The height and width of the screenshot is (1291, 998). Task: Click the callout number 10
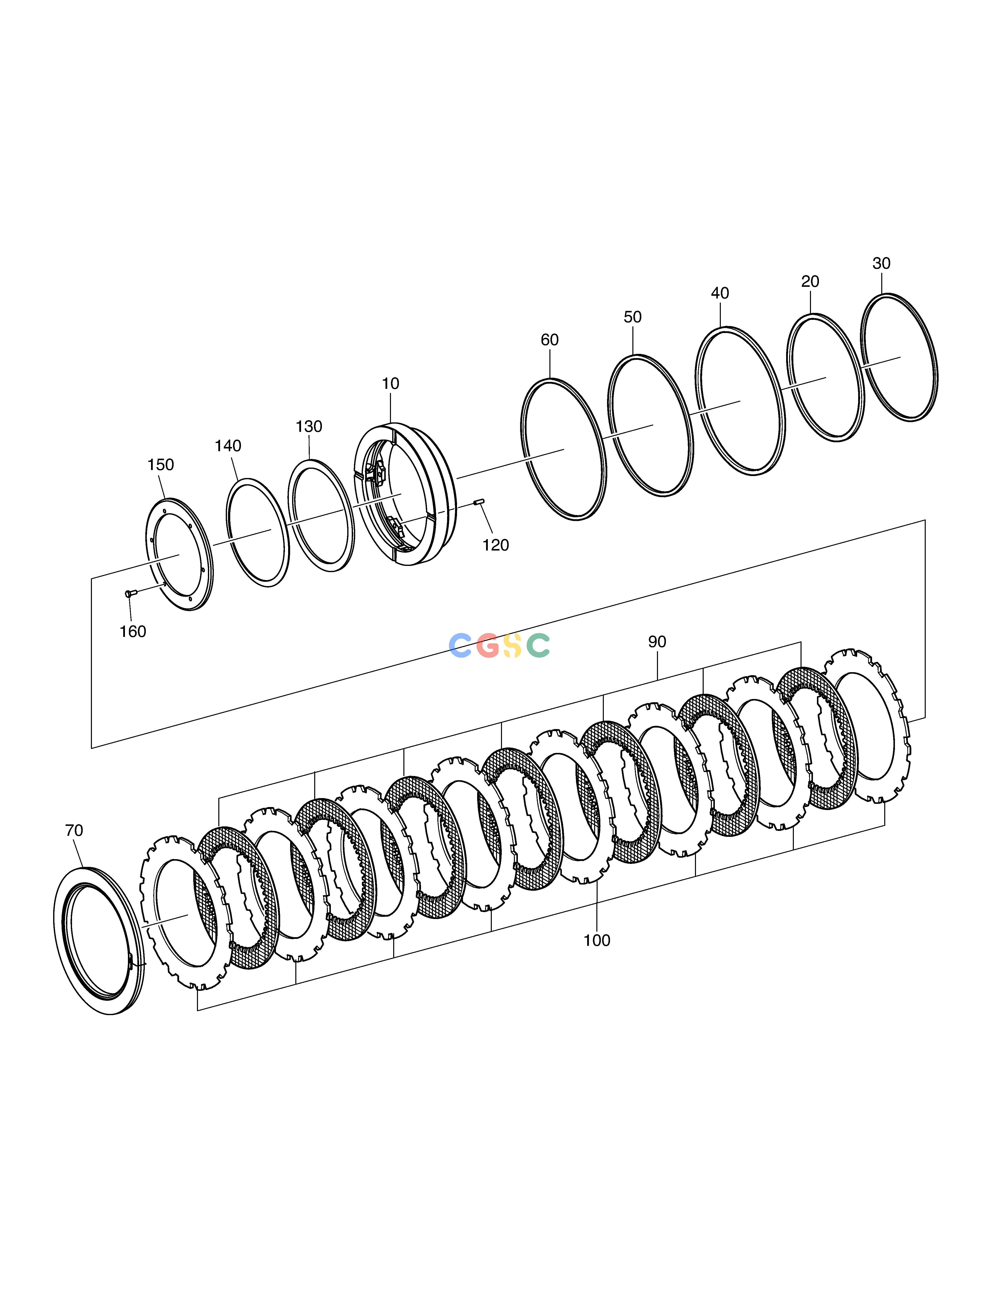(x=390, y=384)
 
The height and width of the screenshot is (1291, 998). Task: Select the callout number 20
(x=810, y=281)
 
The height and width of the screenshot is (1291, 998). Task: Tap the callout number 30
(x=881, y=263)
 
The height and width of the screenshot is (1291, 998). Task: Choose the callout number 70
(x=74, y=831)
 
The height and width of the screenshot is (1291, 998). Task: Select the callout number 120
(x=496, y=545)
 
